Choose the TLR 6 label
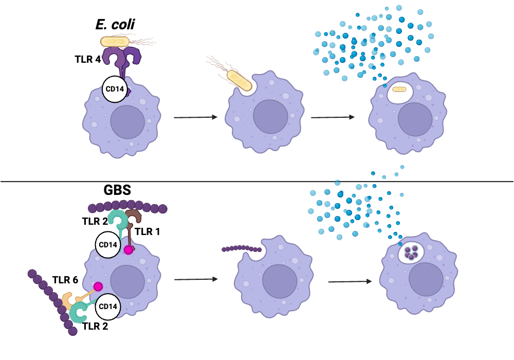coord(65,280)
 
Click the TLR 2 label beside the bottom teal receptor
coord(96,325)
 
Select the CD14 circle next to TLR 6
coord(108,307)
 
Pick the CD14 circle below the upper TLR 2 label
coord(108,244)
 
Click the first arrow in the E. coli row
coord(195,117)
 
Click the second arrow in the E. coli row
coord(333,117)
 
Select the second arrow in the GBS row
coord(350,281)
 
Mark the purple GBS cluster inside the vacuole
coord(411,252)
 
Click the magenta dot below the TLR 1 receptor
coord(128,250)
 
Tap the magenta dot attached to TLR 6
coord(98,286)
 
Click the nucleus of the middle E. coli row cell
coord(270,117)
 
